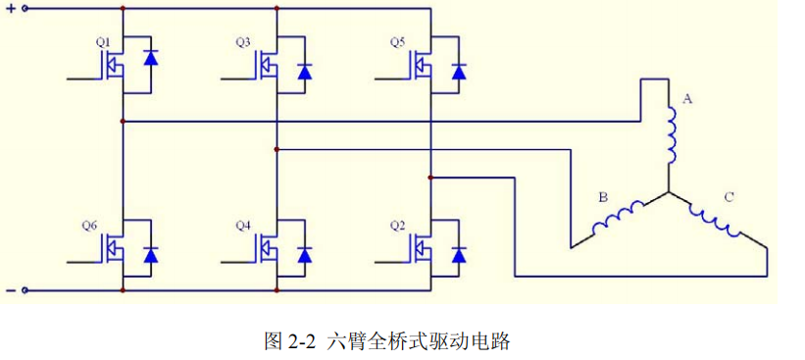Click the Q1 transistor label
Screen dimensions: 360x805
[102, 42]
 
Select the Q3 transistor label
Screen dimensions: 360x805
[244, 42]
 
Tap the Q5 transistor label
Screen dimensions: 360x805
[397, 42]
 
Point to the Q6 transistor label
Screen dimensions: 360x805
[89, 226]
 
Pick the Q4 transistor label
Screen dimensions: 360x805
[244, 226]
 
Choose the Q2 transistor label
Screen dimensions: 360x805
[397, 226]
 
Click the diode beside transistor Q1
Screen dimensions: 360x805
[151, 57]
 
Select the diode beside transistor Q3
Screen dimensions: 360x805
[304, 71]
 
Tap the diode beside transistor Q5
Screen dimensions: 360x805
[458, 71]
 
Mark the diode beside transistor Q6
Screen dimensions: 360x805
[151, 255]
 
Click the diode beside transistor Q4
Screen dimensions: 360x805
[304, 255]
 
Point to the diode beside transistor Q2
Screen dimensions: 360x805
[458, 255]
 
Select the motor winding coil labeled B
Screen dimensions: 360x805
[617, 219]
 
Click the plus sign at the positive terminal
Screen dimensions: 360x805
[10, 9]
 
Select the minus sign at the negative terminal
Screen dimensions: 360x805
[10, 291]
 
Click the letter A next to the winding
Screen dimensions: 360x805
[686, 99]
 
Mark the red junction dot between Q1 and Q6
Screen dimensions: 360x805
[123, 122]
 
